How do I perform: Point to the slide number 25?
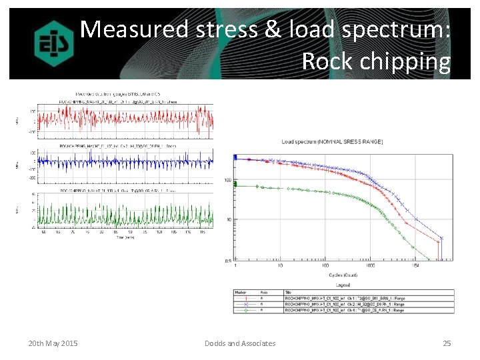click(447, 343)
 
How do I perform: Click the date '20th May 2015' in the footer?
click(53, 343)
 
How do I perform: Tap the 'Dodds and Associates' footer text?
click(239, 343)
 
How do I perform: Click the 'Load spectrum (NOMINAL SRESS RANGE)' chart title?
click(328, 141)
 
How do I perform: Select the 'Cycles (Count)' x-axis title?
click(342, 275)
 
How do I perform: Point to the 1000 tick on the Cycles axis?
click(369, 265)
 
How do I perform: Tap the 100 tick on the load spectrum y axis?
click(227, 180)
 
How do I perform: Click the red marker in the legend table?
click(244, 299)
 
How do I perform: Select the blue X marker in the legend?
click(244, 304)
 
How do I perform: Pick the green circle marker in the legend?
click(244, 310)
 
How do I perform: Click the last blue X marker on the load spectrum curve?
click(441, 238)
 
